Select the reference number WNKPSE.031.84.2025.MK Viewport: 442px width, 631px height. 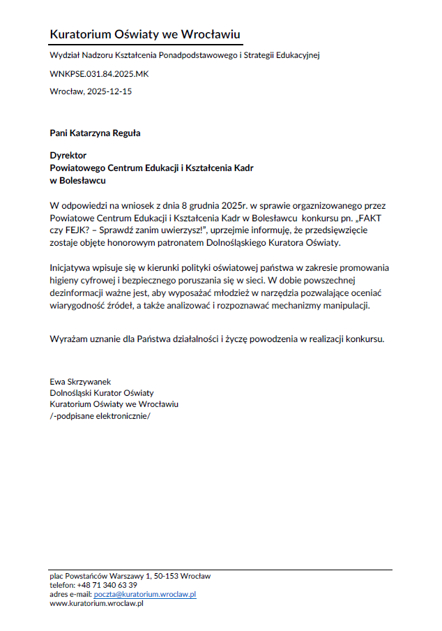[x=99, y=73]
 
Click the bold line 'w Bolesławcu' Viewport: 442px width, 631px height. [x=77, y=180]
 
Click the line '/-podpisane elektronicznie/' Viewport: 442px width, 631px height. [x=100, y=415]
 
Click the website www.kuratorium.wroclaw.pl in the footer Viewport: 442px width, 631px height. [x=96, y=603]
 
